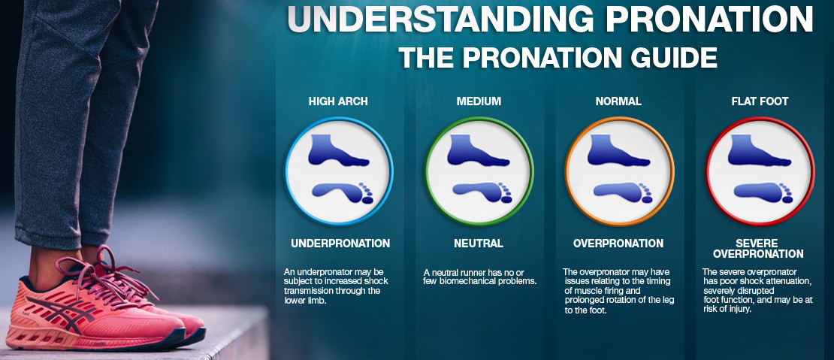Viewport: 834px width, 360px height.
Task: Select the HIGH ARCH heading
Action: click(338, 101)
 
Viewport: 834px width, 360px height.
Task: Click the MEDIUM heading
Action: click(479, 101)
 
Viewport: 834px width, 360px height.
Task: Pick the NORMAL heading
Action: click(618, 101)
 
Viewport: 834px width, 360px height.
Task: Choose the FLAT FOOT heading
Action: click(760, 101)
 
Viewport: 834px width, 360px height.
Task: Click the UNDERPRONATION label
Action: click(340, 244)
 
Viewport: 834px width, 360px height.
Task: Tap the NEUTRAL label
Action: click(479, 244)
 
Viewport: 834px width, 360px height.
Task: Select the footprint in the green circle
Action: click(482, 192)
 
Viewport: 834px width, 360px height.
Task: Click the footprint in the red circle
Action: click(763, 192)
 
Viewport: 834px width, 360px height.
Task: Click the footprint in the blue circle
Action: click(343, 192)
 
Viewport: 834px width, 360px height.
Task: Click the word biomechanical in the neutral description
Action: click(470, 281)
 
